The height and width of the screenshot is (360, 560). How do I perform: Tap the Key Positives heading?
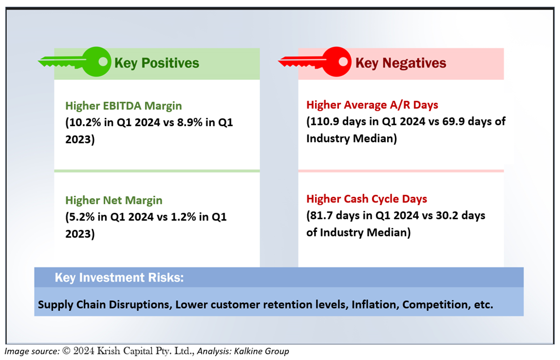[x=157, y=63]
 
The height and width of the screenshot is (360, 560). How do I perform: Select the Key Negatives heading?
[x=401, y=63]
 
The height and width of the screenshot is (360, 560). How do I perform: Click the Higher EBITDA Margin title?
[x=123, y=106]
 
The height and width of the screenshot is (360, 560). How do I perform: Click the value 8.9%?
[x=190, y=122]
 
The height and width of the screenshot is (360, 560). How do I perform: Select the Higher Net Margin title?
[x=114, y=201]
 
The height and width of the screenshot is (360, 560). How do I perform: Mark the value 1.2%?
[x=183, y=217]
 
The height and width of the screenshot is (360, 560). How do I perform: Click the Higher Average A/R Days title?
[x=372, y=105]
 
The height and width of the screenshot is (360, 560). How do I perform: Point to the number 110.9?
[x=325, y=122]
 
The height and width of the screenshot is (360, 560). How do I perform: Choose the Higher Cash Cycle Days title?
[x=367, y=199]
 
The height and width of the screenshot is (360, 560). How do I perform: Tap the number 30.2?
[x=446, y=216]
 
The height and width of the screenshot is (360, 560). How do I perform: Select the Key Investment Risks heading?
[x=119, y=278]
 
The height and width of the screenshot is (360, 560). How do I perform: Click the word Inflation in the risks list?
[x=375, y=305]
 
